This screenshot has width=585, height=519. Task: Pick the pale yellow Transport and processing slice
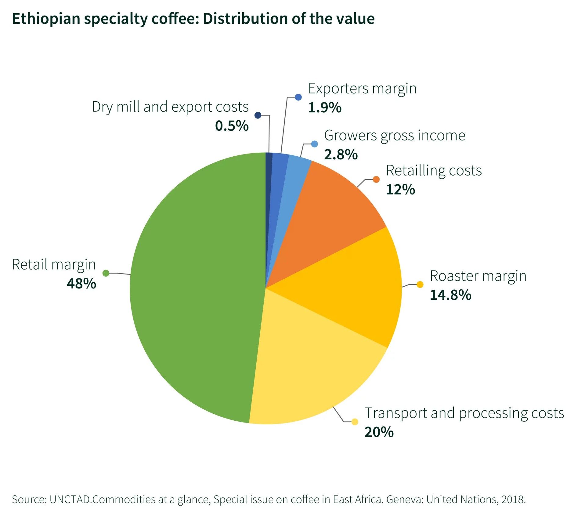tap(305, 366)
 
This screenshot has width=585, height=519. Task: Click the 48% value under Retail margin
tap(81, 284)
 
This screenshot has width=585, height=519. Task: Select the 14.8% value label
tap(450, 295)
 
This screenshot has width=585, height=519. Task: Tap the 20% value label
tap(379, 432)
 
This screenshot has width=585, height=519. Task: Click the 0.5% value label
tap(232, 126)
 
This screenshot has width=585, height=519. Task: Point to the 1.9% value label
tap(325, 107)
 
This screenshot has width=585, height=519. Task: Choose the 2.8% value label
tap(341, 154)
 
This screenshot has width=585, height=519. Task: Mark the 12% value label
tap(400, 189)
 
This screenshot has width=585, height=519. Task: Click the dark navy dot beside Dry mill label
tap(258, 115)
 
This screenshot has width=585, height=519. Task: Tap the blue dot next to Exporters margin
tap(298, 97)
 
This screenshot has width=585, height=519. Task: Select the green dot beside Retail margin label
tap(106, 273)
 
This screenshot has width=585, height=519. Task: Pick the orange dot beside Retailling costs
tap(376, 179)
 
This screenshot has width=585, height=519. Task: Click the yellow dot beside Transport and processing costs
tap(355, 422)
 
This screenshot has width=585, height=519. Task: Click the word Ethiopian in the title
tap(46, 19)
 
